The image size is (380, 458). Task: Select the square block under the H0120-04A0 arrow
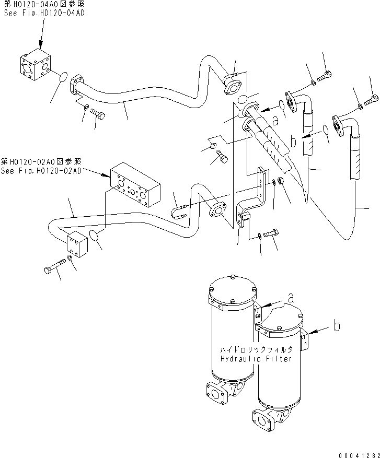pyautogui.click(x=35, y=68)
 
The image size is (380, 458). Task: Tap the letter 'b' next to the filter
pyautogui.click(x=337, y=326)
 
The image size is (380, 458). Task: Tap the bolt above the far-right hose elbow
pyautogui.click(x=372, y=98)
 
